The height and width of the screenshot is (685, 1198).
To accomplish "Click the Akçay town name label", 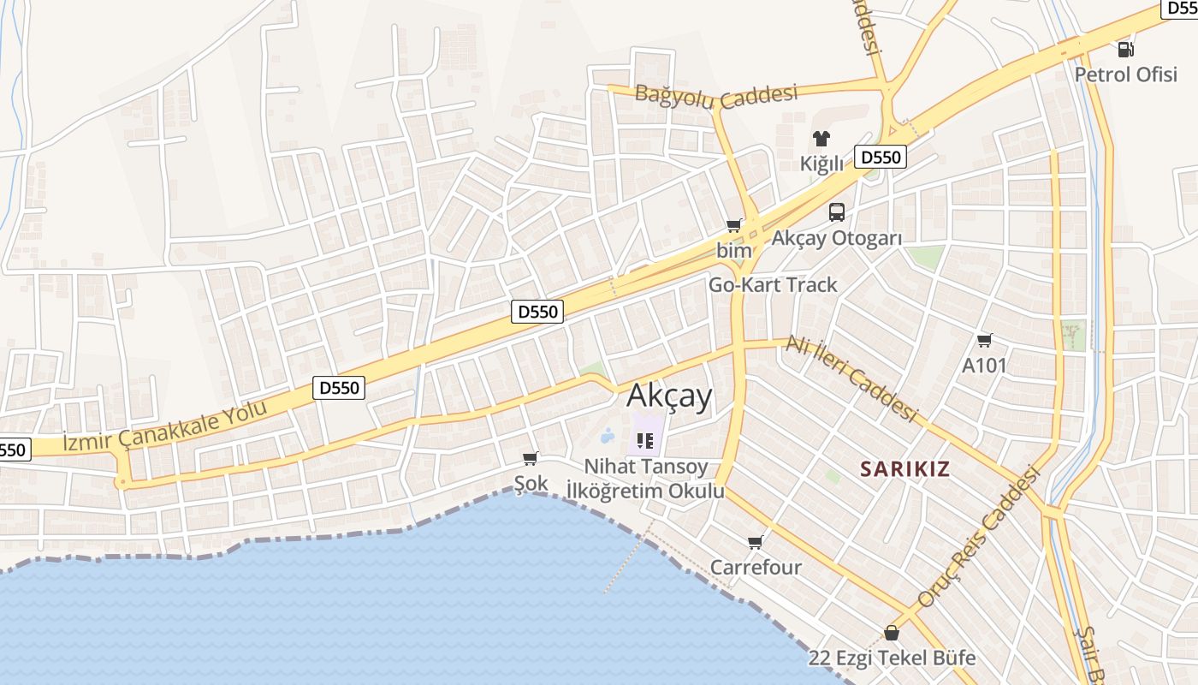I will click(x=669, y=396).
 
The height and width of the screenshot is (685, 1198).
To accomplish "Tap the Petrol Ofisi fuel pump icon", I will click(x=1126, y=50).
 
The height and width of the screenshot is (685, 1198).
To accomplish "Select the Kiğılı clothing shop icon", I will click(x=821, y=139).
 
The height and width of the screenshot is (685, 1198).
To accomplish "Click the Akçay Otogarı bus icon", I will click(x=836, y=212).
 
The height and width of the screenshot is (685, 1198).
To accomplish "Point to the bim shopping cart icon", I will click(x=733, y=226).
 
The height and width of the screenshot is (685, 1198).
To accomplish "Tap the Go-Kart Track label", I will click(x=773, y=285).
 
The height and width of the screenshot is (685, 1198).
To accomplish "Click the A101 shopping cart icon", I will click(x=984, y=341).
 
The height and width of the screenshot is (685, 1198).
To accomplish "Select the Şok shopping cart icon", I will click(x=531, y=459).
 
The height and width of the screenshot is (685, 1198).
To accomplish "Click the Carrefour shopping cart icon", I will click(x=755, y=542).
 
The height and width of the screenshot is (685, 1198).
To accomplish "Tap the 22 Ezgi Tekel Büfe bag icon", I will click(x=892, y=633).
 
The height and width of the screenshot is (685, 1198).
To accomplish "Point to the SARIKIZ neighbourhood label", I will click(x=905, y=469).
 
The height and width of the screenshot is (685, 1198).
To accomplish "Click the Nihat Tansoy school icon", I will click(x=646, y=441).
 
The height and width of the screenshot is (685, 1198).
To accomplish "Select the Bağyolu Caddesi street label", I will click(x=716, y=95).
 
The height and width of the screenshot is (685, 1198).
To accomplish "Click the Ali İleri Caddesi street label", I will click(x=851, y=378).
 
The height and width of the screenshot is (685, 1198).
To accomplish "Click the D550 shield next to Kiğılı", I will click(x=881, y=158).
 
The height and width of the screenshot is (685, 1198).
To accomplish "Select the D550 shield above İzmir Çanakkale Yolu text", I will click(x=340, y=388).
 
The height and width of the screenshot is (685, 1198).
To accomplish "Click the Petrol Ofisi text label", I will click(x=1126, y=74).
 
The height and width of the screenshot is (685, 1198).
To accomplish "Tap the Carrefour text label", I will click(x=756, y=567).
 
